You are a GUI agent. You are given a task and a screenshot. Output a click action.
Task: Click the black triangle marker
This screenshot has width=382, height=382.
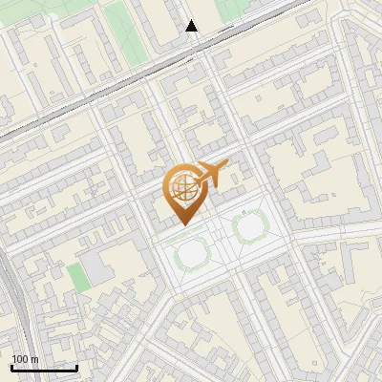coord(192,26)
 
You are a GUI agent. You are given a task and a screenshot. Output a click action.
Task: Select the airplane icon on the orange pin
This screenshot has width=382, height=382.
coord(213,173)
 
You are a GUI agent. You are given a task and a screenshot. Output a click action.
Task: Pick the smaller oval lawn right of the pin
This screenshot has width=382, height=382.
coord(249,226)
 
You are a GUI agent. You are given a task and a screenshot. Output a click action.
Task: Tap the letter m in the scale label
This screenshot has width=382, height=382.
coord(34,360)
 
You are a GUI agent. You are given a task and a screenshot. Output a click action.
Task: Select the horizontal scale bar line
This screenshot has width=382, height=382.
coord(44,369)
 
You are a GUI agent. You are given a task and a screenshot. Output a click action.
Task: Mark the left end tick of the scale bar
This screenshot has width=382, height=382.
coord(11,367)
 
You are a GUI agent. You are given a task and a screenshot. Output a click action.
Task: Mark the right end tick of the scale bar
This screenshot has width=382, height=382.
coord(76,367)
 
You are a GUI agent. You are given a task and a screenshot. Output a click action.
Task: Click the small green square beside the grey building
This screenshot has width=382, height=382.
coord(76,277)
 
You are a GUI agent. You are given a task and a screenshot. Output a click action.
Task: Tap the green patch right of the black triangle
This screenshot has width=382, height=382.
coord(229,10)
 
